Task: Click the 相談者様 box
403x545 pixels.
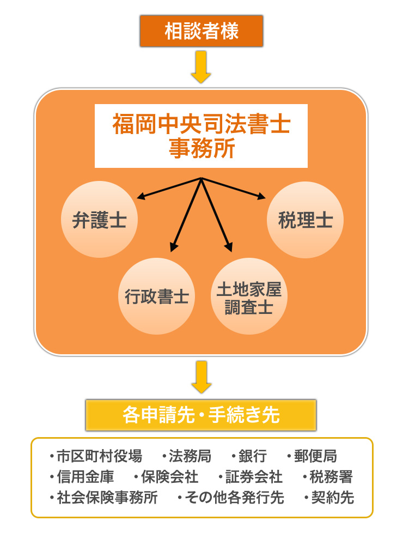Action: tap(201, 31)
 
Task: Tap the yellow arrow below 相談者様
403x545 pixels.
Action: tap(201, 66)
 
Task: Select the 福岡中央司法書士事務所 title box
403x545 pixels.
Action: tap(201, 136)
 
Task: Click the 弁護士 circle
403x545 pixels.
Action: tap(99, 220)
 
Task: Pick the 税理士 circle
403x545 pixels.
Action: tap(305, 220)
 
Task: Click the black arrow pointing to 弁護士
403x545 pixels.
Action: tap(169, 187)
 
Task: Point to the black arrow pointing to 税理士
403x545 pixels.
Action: tap(234, 187)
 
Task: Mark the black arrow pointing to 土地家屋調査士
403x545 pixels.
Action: tap(217, 215)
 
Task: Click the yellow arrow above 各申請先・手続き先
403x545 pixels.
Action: tap(201, 377)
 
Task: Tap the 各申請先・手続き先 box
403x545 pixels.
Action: tap(201, 415)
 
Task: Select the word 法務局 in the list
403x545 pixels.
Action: tap(190, 456)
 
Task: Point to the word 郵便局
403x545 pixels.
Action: tap(315, 456)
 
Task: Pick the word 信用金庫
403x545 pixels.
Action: tap(85, 477)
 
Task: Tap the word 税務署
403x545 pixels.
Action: tap(331, 477)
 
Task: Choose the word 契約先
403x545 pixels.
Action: tap(332, 498)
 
